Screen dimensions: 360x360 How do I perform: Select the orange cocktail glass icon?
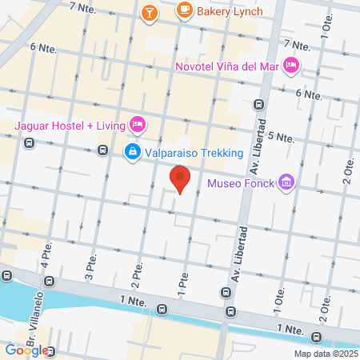click(x=149, y=12)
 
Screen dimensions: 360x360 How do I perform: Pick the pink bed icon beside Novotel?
click(x=292, y=65)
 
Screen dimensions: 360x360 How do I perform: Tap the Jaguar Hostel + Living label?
click(x=69, y=124)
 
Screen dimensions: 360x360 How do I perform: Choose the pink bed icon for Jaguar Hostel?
click(x=138, y=123)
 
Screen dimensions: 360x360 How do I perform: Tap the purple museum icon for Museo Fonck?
click(x=286, y=184)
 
